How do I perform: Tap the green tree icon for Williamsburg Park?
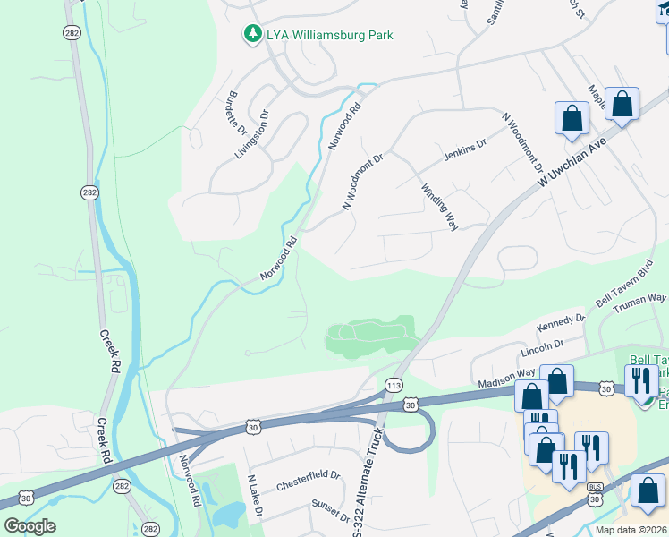(253, 35)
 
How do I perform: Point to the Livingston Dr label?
(252, 135)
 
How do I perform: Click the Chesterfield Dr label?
(308, 477)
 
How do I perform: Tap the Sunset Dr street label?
(331, 511)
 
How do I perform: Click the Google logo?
(30, 525)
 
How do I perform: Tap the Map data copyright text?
(631, 530)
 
